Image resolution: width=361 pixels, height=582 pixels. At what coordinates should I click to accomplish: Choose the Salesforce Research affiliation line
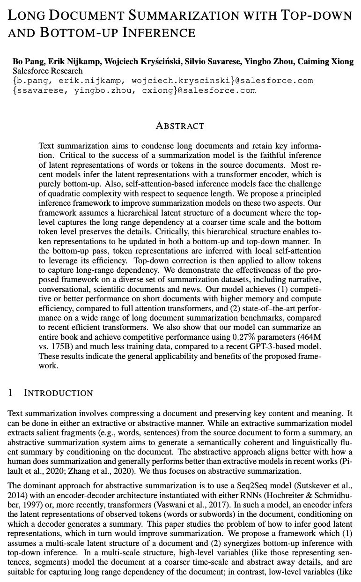[47, 71]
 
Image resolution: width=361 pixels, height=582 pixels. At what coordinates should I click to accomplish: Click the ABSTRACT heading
[180, 126]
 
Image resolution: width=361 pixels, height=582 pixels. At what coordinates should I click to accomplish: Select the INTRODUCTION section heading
[59, 393]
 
